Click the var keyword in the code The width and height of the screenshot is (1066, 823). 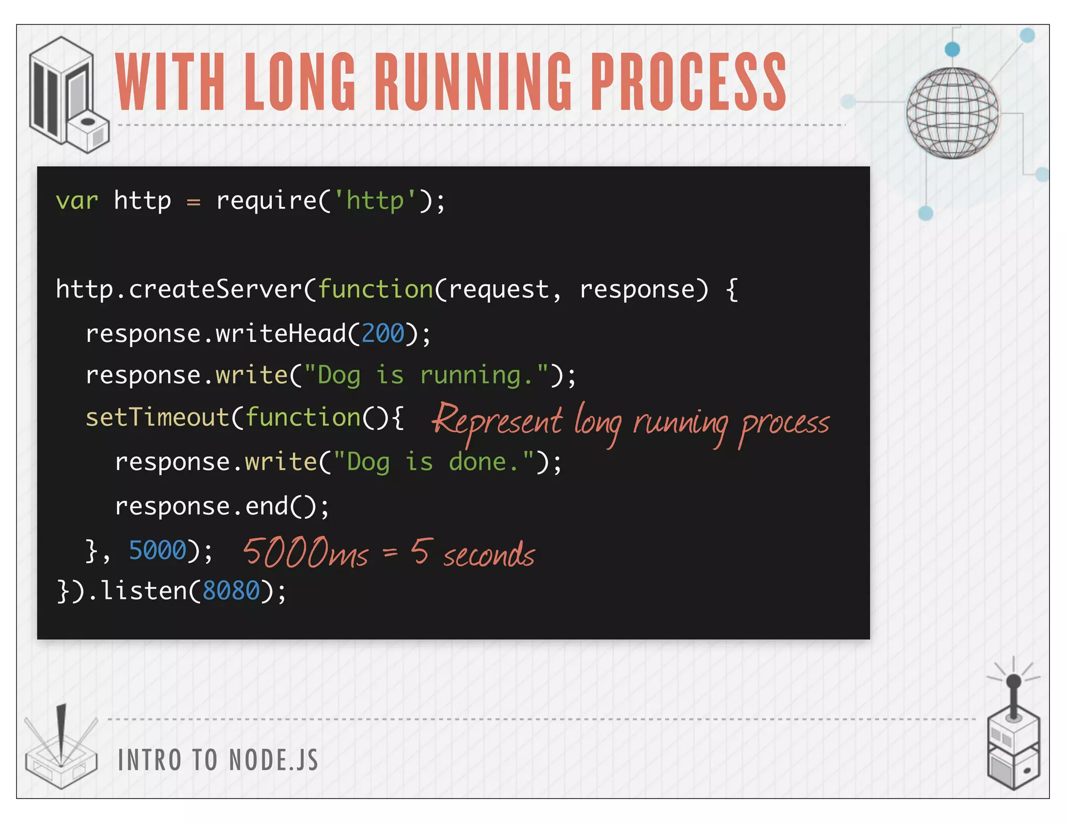[77, 201]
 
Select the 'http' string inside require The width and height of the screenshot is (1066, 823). [375, 201]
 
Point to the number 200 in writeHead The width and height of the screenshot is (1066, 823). [383, 333]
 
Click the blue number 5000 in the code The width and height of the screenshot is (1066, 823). [157, 550]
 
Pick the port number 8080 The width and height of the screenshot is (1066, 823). [231, 591]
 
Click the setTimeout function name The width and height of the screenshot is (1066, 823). [157, 417]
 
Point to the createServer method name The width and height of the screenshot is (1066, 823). [215, 289]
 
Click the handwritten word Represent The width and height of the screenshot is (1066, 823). [497, 420]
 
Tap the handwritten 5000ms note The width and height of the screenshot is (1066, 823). [306, 552]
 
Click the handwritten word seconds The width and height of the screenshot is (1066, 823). [489, 555]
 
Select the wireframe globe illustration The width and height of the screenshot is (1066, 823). [953, 113]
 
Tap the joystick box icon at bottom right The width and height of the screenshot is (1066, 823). [1013, 739]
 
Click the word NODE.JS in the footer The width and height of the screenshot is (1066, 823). [273, 760]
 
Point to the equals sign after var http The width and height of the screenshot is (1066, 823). [194, 202]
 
